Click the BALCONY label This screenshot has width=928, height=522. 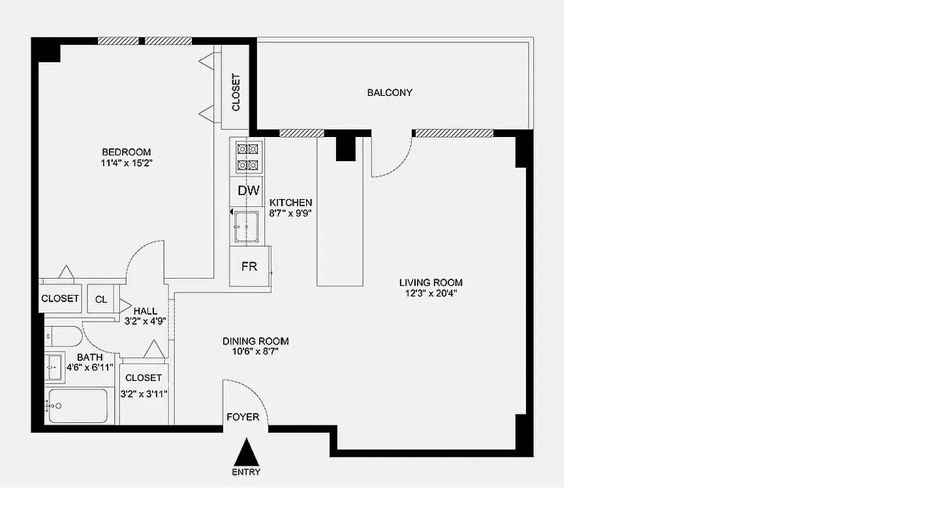click(x=390, y=93)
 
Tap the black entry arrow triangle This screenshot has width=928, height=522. click(x=247, y=452)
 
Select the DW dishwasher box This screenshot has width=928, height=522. click(x=248, y=191)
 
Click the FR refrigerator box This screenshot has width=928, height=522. click(x=249, y=267)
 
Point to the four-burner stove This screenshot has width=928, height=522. click(x=247, y=157)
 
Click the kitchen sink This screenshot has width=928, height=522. click(x=247, y=226)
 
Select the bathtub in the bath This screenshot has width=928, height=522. click(x=78, y=406)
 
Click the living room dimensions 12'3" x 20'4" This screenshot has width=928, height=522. click(x=431, y=294)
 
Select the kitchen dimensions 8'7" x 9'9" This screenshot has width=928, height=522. click(x=291, y=213)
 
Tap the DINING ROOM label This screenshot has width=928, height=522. click(x=255, y=341)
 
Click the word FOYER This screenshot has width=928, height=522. click(x=243, y=417)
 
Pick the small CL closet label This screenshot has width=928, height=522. click(x=101, y=299)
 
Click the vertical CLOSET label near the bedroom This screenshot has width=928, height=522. click(x=236, y=92)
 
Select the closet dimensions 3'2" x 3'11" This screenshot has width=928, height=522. click(x=144, y=393)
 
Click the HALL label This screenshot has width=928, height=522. click(x=145, y=311)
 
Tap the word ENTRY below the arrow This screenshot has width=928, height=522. click(x=246, y=472)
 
